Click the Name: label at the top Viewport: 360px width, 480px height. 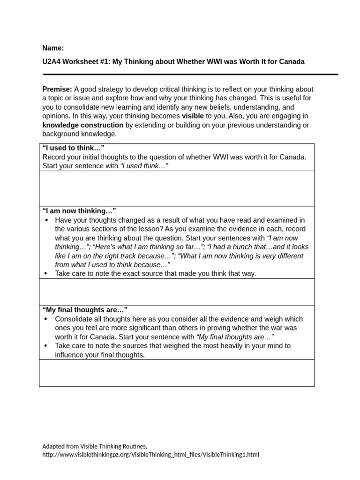[x=53, y=48]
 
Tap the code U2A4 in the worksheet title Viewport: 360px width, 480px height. [x=52, y=61]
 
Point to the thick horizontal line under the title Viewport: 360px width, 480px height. [x=190, y=74]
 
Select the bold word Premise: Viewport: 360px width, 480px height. [x=57, y=89]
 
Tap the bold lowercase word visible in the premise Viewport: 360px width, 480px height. [x=193, y=116]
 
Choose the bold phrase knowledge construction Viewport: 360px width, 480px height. [x=82, y=125]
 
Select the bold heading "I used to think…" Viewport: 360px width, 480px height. [x=73, y=148]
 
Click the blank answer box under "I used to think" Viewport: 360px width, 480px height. [x=177, y=188]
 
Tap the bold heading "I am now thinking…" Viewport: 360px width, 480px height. [x=79, y=211]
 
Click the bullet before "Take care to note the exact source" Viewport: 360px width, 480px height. [x=45, y=274]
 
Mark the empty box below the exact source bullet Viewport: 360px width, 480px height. [x=177, y=292]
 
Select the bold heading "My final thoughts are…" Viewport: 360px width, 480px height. [x=85, y=310]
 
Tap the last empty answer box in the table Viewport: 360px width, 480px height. [x=177, y=373]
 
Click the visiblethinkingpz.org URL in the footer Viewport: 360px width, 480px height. [x=150, y=454]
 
